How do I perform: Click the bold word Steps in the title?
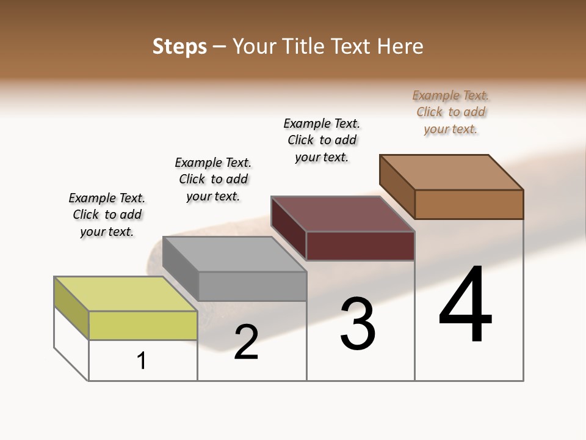click(179, 46)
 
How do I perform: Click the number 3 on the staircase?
click(358, 324)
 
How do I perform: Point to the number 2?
click(246, 342)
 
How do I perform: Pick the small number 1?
click(142, 361)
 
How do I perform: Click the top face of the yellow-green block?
click(126, 294)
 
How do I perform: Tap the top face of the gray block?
click(234, 254)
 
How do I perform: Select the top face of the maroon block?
click(343, 214)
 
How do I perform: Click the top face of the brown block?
click(452, 172)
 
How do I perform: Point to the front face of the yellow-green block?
click(143, 325)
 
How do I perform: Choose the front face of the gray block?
click(252, 286)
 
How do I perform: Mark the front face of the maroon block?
click(360, 246)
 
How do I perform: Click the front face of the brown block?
click(469, 204)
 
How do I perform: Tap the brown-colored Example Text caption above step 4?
click(450, 112)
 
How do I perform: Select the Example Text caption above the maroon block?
click(322, 140)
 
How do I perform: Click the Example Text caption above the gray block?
click(213, 179)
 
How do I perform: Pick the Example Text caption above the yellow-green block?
click(107, 215)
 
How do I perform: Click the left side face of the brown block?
click(397, 186)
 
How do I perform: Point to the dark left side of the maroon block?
click(289, 227)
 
